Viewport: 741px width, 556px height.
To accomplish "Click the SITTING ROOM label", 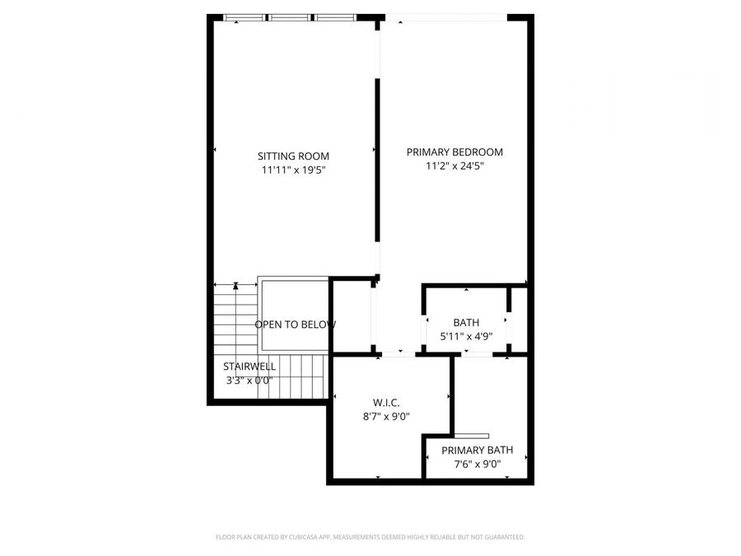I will pyautogui.click(x=293, y=156).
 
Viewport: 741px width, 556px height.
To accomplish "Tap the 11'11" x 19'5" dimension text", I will pyautogui.click(x=293, y=171).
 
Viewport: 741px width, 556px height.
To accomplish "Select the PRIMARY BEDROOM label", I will pyautogui.click(x=454, y=152).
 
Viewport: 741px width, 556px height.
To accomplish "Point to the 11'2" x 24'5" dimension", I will pyautogui.click(x=454, y=166).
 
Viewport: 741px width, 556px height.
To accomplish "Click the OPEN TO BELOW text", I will pyautogui.click(x=295, y=325).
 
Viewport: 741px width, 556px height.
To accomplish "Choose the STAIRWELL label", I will pyautogui.click(x=249, y=367).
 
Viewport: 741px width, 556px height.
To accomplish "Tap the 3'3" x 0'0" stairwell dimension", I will pyautogui.click(x=249, y=381).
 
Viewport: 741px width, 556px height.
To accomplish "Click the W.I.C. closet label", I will pyautogui.click(x=386, y=402).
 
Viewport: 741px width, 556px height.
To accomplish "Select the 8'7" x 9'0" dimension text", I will pyautogui.click(x=386, y=416).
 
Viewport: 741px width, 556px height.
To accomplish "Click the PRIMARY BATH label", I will pyautogui.click(x=477, y=450).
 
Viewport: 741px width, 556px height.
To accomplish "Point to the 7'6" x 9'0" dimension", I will pyautogui.click(x=477, y=464).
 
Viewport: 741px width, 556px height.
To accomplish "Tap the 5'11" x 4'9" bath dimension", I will pyautogui.click(x=466, y=336).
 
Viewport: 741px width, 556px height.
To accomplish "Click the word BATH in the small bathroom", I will pyautogui.click(x=466, y=322).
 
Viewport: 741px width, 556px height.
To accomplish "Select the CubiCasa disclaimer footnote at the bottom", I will pyautogui.click(x=370, y=537).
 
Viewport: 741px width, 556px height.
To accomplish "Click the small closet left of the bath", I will pyautogui.click(x=352, y=317).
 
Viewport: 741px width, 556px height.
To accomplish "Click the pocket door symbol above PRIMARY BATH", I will pyautogui.click(x=473, y=436).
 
